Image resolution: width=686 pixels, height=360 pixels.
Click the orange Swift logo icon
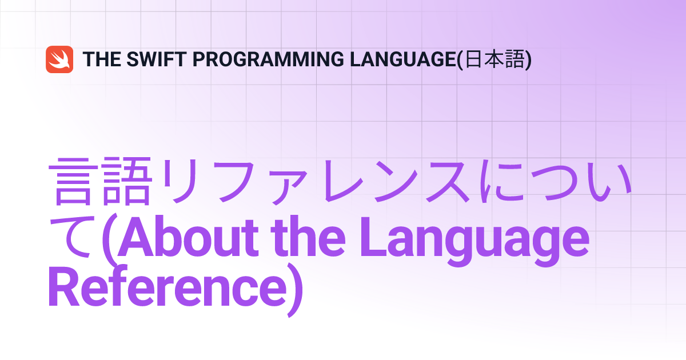click(59, 59)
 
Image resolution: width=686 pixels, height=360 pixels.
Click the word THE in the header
click(102, 59)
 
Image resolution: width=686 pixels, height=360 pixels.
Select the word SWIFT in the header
click(157, 59)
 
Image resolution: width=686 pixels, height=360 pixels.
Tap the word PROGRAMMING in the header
click(268, 59)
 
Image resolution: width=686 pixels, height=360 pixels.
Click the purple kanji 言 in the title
click(74, 181)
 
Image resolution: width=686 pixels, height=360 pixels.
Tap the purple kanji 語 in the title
click(127, 181)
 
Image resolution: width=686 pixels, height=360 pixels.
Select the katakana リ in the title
click(178, 181)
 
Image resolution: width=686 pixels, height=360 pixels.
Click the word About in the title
click(188, 236)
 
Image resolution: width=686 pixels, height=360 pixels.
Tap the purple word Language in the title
click(474, 241)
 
